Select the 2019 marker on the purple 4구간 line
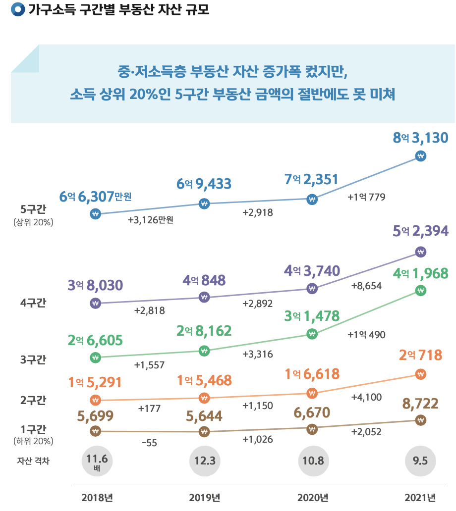pos(204,297)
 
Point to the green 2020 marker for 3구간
pos(312,334)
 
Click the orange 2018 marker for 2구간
pos(96,400)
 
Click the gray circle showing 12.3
pos(204,460)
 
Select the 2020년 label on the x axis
pos(313,498)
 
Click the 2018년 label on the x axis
pos(97,498)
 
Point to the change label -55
pos(149,443)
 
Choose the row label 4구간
pos(33,303)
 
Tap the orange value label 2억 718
pos(419,355)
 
